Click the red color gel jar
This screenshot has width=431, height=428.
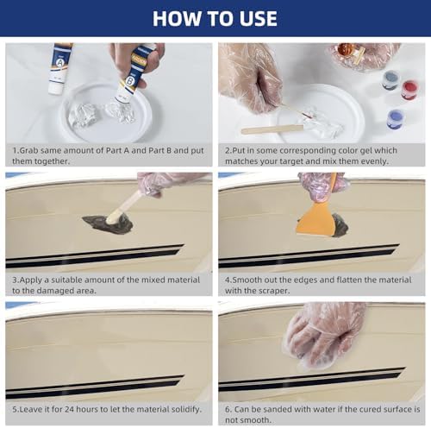click(409, 89)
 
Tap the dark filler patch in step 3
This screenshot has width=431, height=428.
click(108, 224)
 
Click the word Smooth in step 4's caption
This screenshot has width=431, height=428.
click(245, 280)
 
